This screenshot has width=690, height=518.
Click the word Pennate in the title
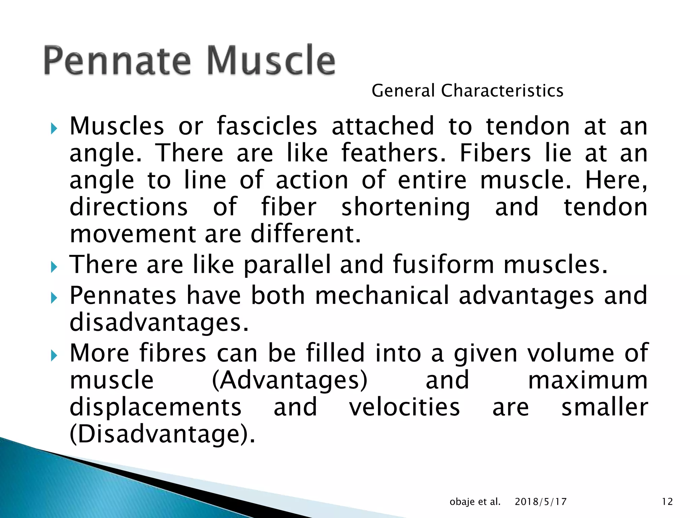click(x=117, y=61)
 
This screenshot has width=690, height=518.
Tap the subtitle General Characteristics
click(x=467, y=91)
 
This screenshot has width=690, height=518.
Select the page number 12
click(x=667, y=502)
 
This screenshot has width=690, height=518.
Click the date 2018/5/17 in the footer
click(x=540, y=502)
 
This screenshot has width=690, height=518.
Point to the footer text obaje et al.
click(x=475, y=502)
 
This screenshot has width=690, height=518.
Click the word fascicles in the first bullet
click(x=267, y=126)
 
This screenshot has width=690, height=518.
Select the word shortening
click(x=406, y=207)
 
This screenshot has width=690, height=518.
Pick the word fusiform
click(x=443, y=264)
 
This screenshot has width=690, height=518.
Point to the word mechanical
click(x=382, y=295)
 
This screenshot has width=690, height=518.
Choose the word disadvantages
click(x=159, y=322)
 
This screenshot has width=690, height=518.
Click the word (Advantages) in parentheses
click(x=290, y=380)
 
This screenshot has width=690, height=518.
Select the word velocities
click(x=404, y=407)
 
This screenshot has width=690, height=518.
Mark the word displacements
click(x=156, y=407)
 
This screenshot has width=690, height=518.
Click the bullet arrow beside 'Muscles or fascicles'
click(x=54, y=128)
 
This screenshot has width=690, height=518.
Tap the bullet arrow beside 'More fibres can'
click(x=54, y=355)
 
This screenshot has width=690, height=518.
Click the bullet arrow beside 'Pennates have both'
click(x=54, y=298)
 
